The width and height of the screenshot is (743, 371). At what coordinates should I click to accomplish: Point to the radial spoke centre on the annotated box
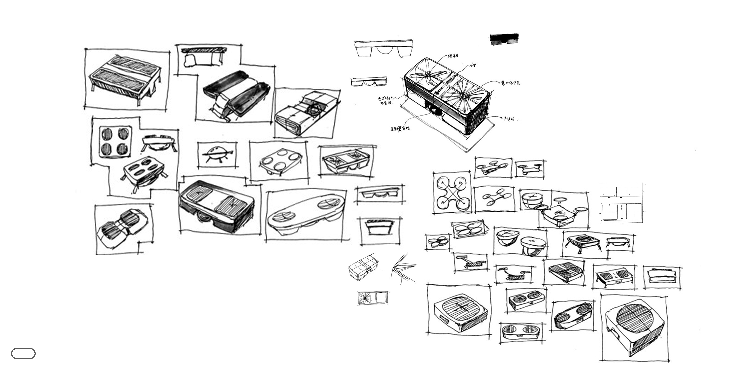click(x=463, y=97)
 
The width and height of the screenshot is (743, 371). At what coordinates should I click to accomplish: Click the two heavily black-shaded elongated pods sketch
click(x=237, y=92)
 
